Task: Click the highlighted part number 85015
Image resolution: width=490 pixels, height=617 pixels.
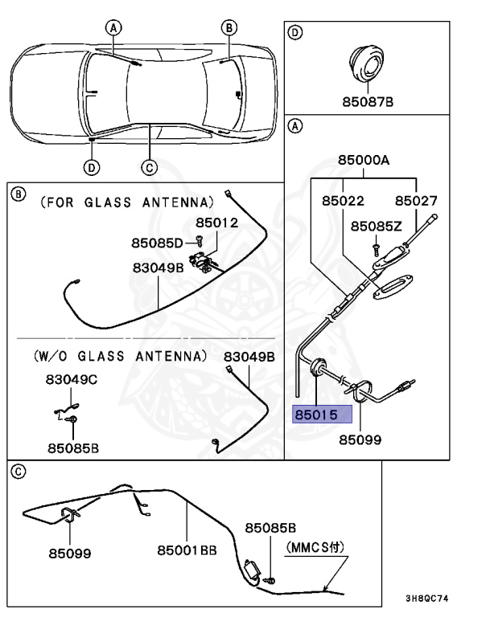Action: point(321,415)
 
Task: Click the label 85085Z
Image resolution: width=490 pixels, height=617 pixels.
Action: point(377,226)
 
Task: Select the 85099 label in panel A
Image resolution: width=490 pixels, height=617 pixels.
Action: point(360,439)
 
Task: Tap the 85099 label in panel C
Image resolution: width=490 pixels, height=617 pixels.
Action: point(69,553)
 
